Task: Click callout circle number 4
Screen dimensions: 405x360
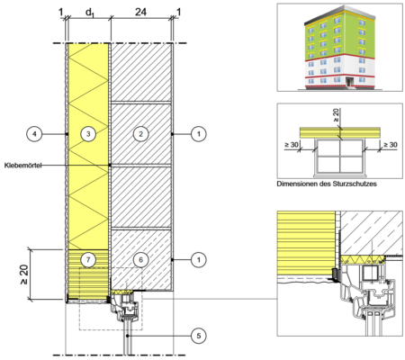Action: click(34, 134)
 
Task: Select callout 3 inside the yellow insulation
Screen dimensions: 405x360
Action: click(88, 134)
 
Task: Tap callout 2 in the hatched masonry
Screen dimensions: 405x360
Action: click(140, 134)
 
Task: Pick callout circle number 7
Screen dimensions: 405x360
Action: click(88, 259)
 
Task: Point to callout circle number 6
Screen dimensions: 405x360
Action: click(140, 259)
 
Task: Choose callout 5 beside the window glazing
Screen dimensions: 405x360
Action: click(199, 336)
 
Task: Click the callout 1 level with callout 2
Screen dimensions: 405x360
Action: click(199, 134)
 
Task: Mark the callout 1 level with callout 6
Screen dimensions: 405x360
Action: click(199, 259)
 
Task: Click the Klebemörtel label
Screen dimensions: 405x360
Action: click(22, 165)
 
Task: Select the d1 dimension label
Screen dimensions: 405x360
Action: click(90, 13)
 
